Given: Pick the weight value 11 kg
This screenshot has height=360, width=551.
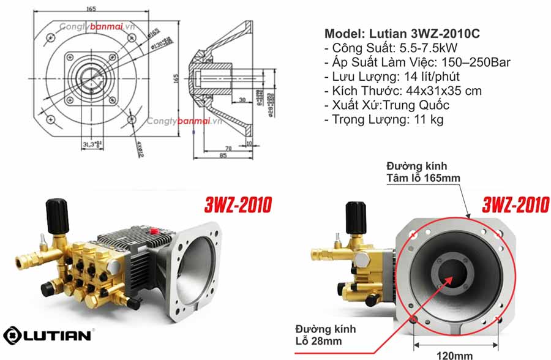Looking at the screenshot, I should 425,119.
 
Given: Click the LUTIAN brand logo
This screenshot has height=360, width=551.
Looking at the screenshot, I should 48,335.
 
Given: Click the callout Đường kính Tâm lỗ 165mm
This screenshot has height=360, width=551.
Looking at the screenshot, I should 422,172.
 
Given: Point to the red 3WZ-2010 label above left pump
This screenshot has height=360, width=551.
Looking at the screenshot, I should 238,204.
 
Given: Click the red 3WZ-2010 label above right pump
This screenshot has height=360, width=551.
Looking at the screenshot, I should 515,204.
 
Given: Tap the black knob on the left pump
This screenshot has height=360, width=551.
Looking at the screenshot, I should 57,211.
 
